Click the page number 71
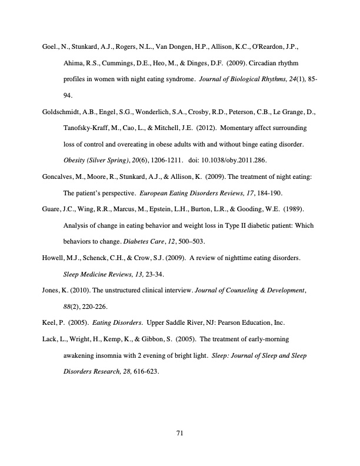(180, 434)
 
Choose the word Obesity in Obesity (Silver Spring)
(74, 159)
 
